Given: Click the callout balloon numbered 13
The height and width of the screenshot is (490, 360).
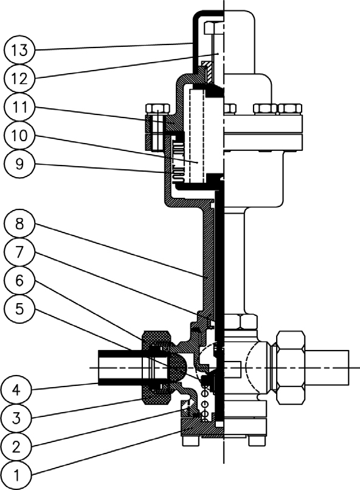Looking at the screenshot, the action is pyautogui.click(x=19, y=50).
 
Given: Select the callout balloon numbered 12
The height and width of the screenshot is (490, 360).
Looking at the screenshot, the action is pyautogui.click(x=19, y=79).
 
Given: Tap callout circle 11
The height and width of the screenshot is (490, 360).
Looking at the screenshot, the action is pyautogui.click(x=19, y=107).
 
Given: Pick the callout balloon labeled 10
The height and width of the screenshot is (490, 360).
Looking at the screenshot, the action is pyautogui.click(x=19, y=136).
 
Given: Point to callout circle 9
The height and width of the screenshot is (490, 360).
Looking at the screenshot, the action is pyautogui.click(x=19, y=164).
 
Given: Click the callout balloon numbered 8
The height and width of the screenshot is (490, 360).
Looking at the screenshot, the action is pyautogui.click(x=19, y=224).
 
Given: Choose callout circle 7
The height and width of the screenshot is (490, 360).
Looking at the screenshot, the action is pyautogui.click(x=19, y=252).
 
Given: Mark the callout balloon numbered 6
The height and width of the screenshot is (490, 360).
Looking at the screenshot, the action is pyautogui.click(x=19, y=281).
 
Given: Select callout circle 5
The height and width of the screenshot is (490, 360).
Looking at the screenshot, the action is pyautogui.click(x=19, y=309).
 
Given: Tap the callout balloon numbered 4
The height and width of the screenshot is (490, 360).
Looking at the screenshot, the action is pyautogui.click(x=16, y=390).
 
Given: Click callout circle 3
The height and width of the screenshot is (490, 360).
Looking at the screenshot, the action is pyautogui.click(x=16, y=418).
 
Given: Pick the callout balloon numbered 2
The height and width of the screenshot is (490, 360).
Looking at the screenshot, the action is pyautogui.click(x=16, y=447).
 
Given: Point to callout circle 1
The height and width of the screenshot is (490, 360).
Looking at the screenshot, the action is pyautogui.click(x=16, y=475).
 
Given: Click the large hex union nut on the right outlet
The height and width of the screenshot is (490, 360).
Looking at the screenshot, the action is pyautogui.click(x=291, y=368).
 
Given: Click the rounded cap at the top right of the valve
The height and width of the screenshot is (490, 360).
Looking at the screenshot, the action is pyautogui.click(x=240, y=41).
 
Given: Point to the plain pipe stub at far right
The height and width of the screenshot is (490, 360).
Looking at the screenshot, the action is pyautogui.click(x=327, y=368).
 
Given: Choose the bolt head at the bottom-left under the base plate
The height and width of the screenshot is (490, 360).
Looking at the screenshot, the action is pyautogui.click(x=191, y=441).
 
